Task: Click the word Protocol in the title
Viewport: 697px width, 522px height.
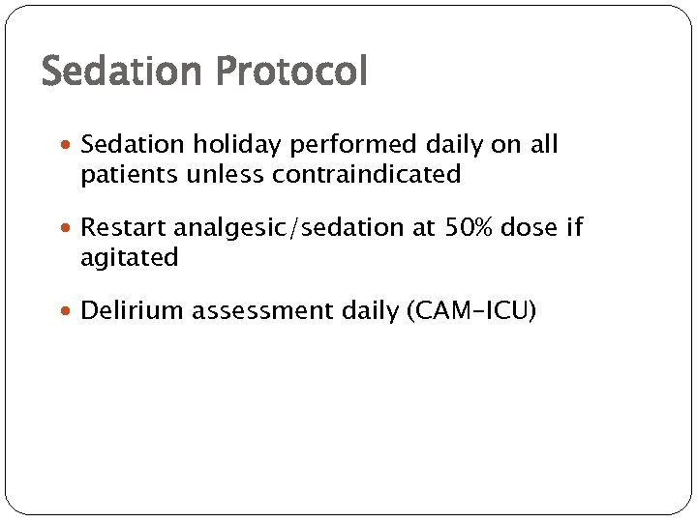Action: coord(291,71)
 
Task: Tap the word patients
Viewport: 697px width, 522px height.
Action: coord(123,176)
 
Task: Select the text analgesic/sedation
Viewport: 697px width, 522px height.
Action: coord(286,229)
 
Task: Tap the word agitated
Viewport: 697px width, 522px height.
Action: coord(130,259)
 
